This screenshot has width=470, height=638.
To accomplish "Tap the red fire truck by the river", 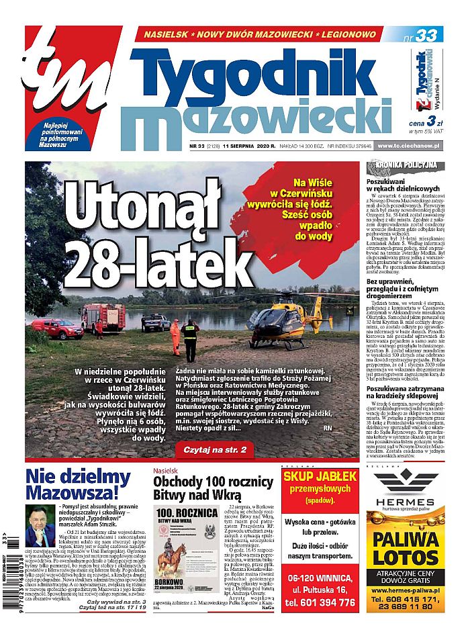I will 103,316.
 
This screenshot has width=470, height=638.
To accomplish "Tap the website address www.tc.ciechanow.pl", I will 409,146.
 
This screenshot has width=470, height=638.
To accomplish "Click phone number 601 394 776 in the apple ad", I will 320,602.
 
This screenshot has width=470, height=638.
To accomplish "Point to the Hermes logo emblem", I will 404,482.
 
